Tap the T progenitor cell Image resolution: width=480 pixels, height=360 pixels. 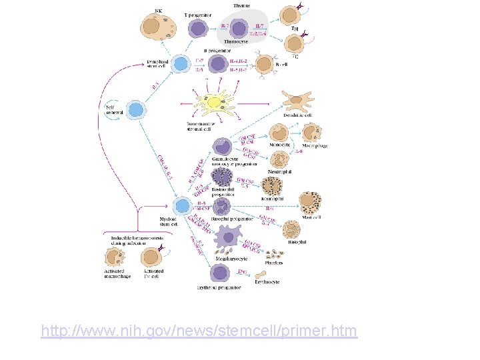pyautogui.click(x=198, y=27)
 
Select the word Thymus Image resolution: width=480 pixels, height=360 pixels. pyautogui.click(x=241, y=5)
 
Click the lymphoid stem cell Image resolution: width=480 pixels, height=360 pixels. pyautogui.click(x=180, y=64)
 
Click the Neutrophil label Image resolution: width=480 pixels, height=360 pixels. pyautogui.click(x=279, y=171)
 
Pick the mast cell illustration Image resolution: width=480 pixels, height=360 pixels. pyautogui.click(x=310, y=203)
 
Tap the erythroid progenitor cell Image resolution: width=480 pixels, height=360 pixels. pyautogui.click(x=219, y=273)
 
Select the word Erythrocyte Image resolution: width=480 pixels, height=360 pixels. pyautogui.click(x=267, y=282)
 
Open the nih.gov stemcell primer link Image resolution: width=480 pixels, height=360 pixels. pyautogui.click(x=199, y=330)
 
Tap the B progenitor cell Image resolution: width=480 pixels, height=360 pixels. pyautogui.click(x=217, y=64)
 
